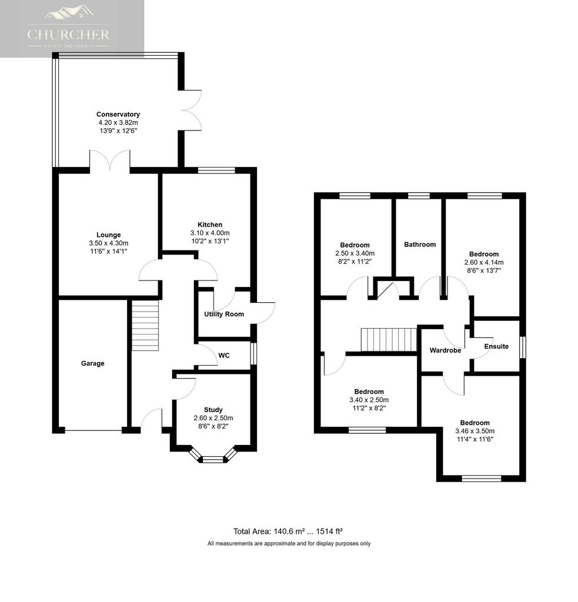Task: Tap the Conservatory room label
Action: [x=118, y=114]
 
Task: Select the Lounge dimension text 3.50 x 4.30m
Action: [x=105, y=243]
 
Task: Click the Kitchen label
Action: [x=210, y=225]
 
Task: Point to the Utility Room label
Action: [x=223, y=314]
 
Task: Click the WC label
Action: [x=223, y=356]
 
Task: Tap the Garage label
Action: [x=92, y=363]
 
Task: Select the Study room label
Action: [x=213, y=410]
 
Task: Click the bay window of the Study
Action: [x=213, y=457]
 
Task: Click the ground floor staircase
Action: [x=145, y=326]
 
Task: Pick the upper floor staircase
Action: [x=389, y=339]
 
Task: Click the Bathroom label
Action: [x=420, y=245]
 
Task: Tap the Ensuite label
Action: [x=496, y=346]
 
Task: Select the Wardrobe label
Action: [x=445, y=350]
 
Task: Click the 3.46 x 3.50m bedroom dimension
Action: [x=475, y=431]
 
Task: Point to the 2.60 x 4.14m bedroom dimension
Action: [x=483, y=262]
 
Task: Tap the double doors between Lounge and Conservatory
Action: [x=109, y=161]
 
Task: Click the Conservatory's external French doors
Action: [x=192, y=109]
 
